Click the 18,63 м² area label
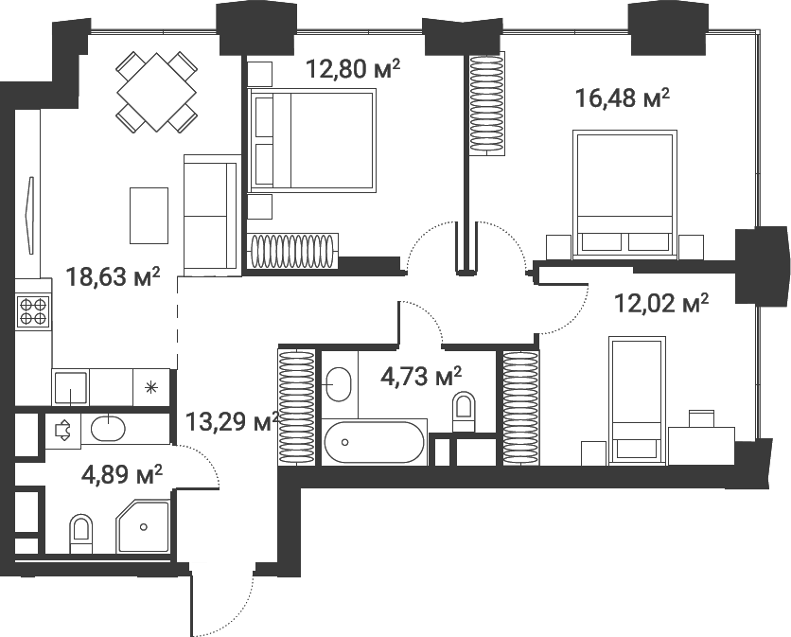pos(113,276)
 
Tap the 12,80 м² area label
pos(353,69)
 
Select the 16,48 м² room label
pos(623,97)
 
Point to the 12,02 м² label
pos(661,304)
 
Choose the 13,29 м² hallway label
pos(233,422)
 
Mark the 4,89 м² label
pos(121,474)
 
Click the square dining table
pos(156,93)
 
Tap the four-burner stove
pos(33,311)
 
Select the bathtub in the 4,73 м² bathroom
pos(375,442)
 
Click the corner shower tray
pos(143,526)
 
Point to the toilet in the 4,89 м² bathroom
pos(81,534)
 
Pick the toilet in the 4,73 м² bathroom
pos(464,412)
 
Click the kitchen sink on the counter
pos(70,389)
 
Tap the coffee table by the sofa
pos(149,216)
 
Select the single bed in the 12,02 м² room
pos(635,400)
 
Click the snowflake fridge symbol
pos(150,387)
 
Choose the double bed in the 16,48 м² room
pos(624,194)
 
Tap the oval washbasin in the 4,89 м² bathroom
pos(108,429)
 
